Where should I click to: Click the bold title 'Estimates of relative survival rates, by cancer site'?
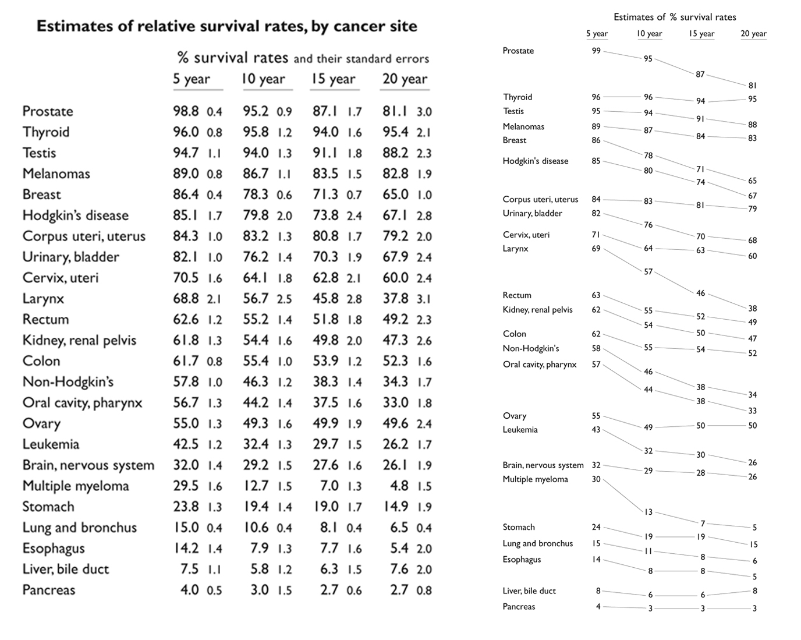(x=227, y=26)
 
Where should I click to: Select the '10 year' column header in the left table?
(x=263, y=79)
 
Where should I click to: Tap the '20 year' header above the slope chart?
(x=753, y=34)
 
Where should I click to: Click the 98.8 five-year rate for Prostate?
(x=186, y=111)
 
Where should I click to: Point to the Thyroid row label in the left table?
(x=46, y=132)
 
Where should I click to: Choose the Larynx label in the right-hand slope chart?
(x=515, y=249)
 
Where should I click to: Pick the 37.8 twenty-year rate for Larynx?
(x=395, y=298)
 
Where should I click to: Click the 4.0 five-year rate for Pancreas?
(x=189, y=590)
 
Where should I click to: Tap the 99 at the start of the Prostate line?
(x=596, y=51)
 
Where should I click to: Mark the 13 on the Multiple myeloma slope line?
(x=648, y=512)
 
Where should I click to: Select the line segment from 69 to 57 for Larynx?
(x=624, y=259)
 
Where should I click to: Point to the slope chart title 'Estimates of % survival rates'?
(x=675, y=17)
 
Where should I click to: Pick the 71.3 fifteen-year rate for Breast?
(x=325, y=195)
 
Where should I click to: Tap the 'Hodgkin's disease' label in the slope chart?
(x=535, y=161)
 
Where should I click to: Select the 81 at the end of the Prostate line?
(x=753, y=86)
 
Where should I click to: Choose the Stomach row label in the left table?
(x=48, y=507)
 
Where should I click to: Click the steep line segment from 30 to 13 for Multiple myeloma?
(x=623, y=495)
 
